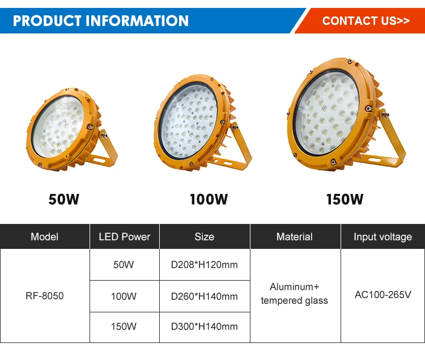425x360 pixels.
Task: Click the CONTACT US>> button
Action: pyautogui.click(x=365, y=21)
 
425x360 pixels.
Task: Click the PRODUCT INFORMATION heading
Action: pyautogui.click(x=101, y=21)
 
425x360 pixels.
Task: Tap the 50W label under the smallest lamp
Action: pyautogui.click(x=63, y=200)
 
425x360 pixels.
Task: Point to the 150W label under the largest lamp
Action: pyautogui.click(x=345, y=200)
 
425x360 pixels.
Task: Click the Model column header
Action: pyautogui.click(x=45, y=236)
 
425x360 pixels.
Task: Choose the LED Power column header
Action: pyautogui.click(x=125, y=236)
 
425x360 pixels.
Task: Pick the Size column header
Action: pyautogui.click(x=205, y=236)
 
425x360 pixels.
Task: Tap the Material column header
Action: pyautogui.click(x=295, y=236)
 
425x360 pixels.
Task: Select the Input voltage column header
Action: pyautogui.click(x=382, y=236)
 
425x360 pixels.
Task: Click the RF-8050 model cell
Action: pyautogui.click(x=45, y=296)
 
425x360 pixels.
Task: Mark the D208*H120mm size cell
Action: pyautogui.click(x=205, y=265)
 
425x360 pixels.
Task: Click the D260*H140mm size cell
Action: pyautogui.click(x=205, y=296)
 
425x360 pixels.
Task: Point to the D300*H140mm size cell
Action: pyautogui.click(x=205, y=327)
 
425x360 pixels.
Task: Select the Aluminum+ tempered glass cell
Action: pyautogui.click(x=295, y=294)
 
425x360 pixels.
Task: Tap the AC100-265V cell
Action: pyautogui.click(x=382, y=295)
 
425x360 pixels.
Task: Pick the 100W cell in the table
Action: pyautogui.click(x=125, y=296)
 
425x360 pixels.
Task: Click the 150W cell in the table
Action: pyautogui.click(x=125, y=327)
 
